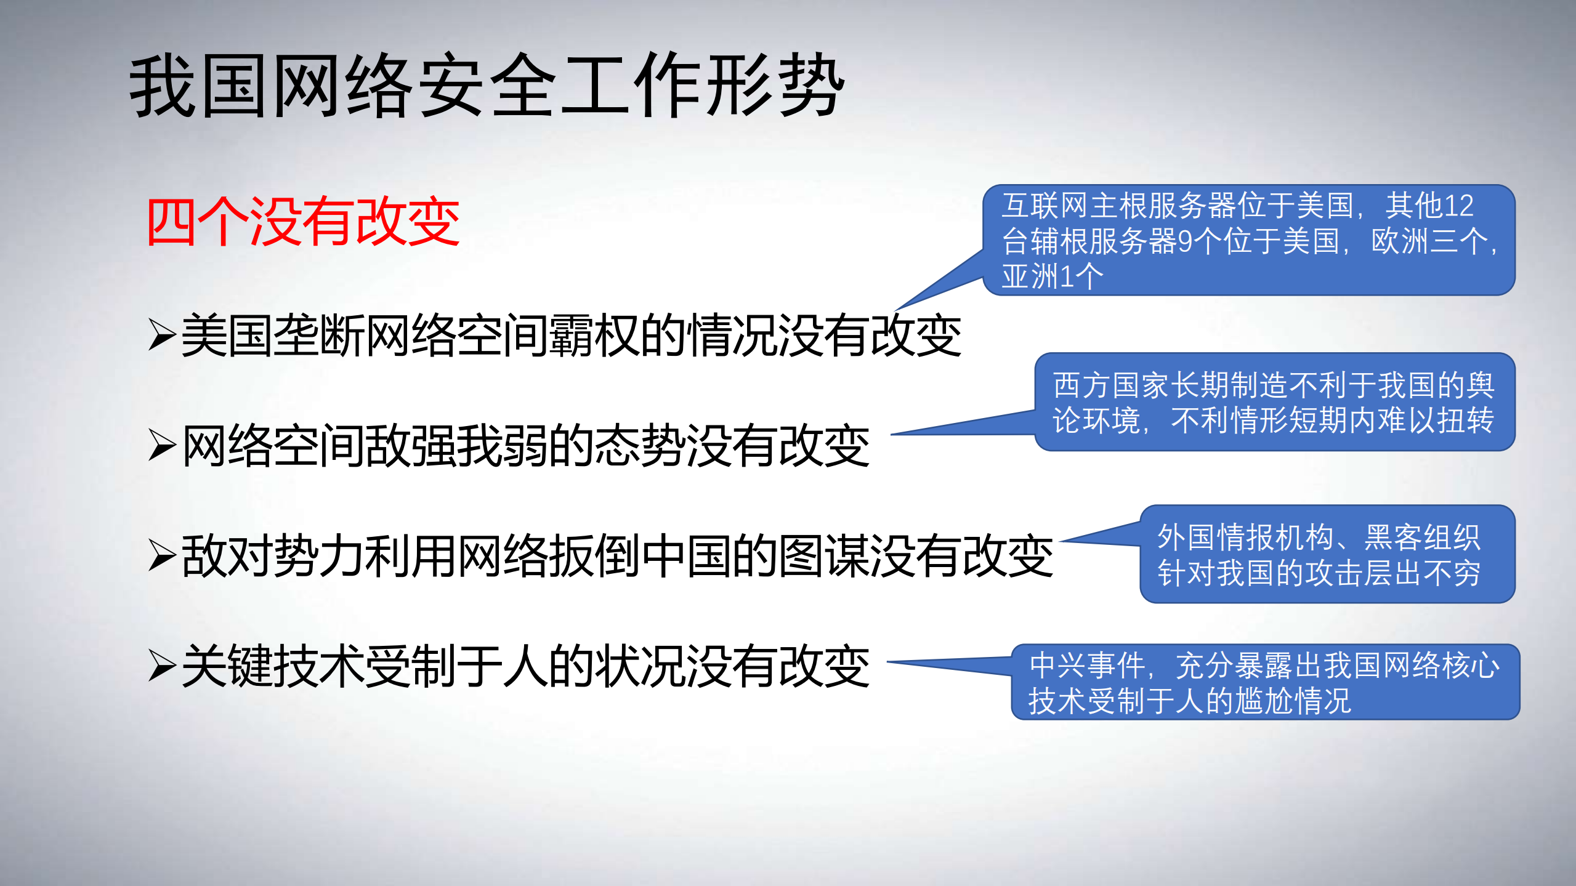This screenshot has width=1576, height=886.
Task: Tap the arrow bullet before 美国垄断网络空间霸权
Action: pyautogui.click(x=162, y=335)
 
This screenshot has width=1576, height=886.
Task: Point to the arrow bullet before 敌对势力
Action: pyautogui.click(x=162, y=555)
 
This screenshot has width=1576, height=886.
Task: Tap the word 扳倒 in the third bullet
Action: pyautogui.click(x=594, y=556)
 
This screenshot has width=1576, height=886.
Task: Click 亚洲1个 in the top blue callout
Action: pyautogui.click(x=1052, y=276)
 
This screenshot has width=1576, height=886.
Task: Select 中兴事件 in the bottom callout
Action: pyautogui.click(x=1087, y=666)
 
